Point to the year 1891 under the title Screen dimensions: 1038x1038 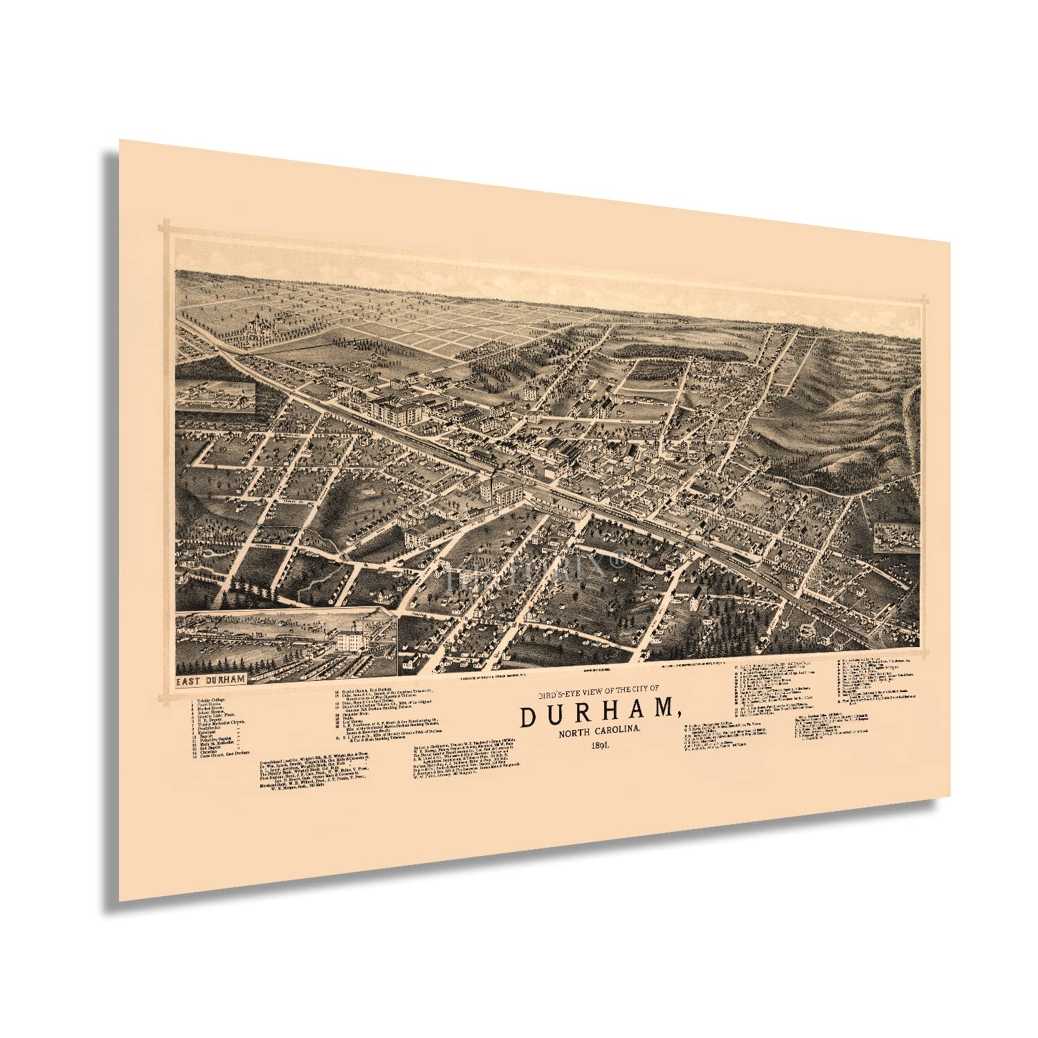(x=601, y=745)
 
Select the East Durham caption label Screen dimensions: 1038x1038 (x=210, y=679)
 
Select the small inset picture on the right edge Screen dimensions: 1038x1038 (x=895, y=538)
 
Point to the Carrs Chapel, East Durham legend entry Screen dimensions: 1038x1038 (x=225, y=752)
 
